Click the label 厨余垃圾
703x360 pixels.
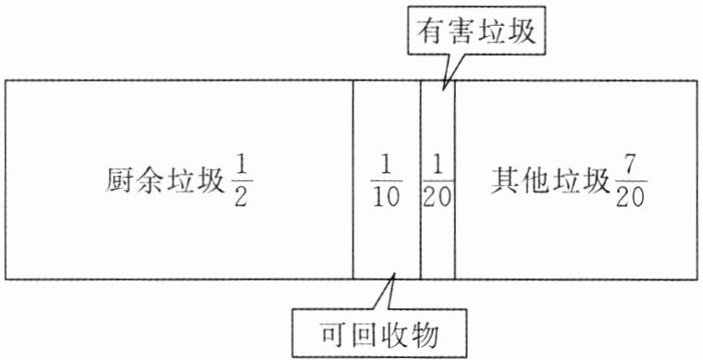pos(165,181)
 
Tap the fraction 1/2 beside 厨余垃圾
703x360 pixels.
pos(240,181)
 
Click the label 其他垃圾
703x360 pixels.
pos(549,181)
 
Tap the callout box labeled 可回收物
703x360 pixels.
pos(380,333)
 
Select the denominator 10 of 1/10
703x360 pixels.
pos(387,196)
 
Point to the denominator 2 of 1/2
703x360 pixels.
pos(240,196)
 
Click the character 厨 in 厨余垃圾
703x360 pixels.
pos(120,181)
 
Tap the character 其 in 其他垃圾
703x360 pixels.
pos(505,181)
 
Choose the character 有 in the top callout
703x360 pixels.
pos(432,31)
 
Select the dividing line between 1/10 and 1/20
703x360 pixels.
pos(421,180)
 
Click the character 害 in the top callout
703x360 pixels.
pos(462,31)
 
